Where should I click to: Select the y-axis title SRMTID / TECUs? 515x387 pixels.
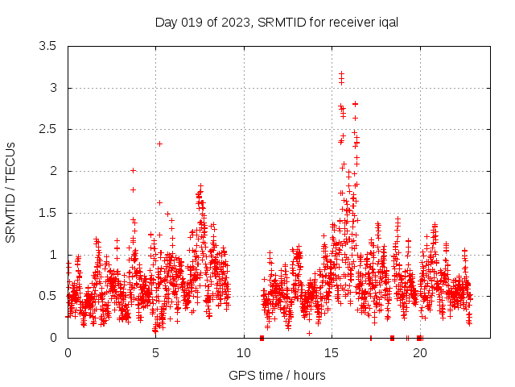tap(10, 192)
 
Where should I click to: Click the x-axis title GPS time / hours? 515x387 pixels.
tap(277, 375)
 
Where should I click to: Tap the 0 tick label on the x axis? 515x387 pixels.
tap(68, 353)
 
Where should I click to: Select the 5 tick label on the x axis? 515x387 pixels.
tap(156, 353)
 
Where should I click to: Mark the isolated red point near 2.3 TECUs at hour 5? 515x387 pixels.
tap(159, 144)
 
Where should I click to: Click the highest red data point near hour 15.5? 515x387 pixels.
tap(341, 73)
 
